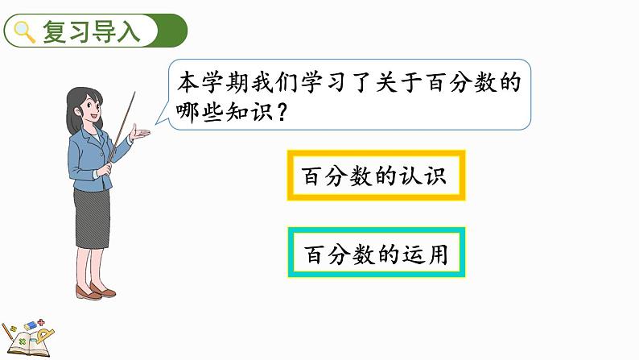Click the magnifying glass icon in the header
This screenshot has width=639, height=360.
point(25,32)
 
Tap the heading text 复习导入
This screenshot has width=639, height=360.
point(90,32)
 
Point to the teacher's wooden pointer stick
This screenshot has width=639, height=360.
point(124,121)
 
